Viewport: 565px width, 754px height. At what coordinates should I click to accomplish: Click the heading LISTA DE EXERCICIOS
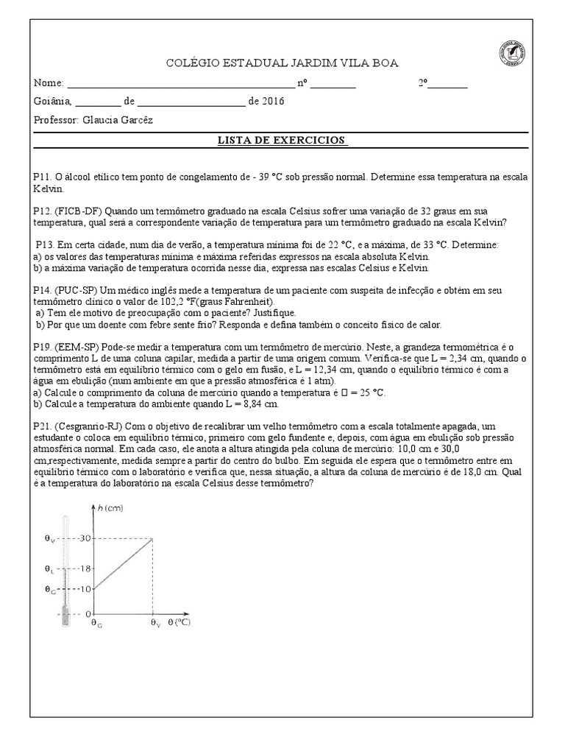[x=281, y=140]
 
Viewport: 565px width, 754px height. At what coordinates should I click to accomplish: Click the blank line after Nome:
[x=180, y=83]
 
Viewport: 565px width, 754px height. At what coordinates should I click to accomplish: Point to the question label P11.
[x=43, y=177]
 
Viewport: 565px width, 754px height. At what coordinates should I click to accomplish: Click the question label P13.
[x=45, y=244]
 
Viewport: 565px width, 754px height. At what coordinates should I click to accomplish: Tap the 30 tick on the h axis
[x=85, y=538]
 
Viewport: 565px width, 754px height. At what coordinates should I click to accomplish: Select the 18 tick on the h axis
[x=85, y=568]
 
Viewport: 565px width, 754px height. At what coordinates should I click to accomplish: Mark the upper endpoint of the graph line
[x=152, y=538]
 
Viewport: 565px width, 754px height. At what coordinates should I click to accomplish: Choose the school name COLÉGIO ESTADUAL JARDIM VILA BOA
[x=282, y=63]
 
